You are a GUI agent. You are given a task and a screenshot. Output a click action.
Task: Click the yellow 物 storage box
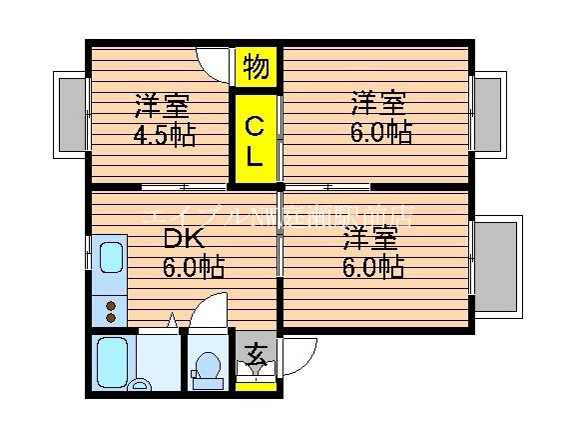click(x=256, y=67)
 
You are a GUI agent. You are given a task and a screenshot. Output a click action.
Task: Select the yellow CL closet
click(x=256, y=140)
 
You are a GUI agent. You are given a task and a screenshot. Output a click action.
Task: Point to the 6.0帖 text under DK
click(x=194, y=267)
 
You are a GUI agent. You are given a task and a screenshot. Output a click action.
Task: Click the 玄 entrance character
click(x=256, y=353)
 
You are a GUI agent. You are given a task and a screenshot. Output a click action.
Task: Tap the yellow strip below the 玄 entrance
click(x=256, y=383)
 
